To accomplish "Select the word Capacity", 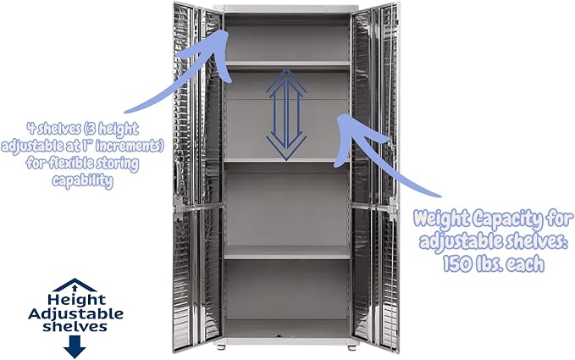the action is click(x=506, y=220).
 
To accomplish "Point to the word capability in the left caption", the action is click(x=82, y=180).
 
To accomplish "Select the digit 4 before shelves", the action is click(x=31, y=128).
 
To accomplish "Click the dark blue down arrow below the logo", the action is click(x=75, y=346).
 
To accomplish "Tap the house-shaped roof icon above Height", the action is click(x=75, y=285).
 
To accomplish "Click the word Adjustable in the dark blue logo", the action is click(x=75, y=314).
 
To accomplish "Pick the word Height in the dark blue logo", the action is click(x=76, y=300).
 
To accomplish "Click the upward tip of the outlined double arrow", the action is click(x=287, y=69).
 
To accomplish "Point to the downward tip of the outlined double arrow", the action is click(x=287, y=160).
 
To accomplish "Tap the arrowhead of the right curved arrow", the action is click(x=344, y=126).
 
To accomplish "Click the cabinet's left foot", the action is click(x=222, y=346).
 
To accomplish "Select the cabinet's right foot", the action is click(x=352, y=346).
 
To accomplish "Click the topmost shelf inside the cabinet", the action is click(x=288, y=64).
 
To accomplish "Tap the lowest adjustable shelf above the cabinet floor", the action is click(x=287, y=252).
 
